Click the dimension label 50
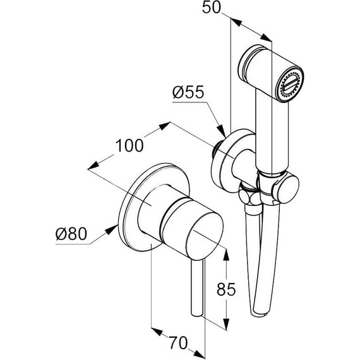pyautogui.click(x=211, y=7)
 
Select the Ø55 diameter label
pyautogui.click(x=188, y=92)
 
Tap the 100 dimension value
pyautogui.click(x=129, y=145)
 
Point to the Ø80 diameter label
pyautogui.click(x=71, y=234)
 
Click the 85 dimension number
pyautogui.click(x=226, y=289)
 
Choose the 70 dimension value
pyautogui.click(x=178, y=343)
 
